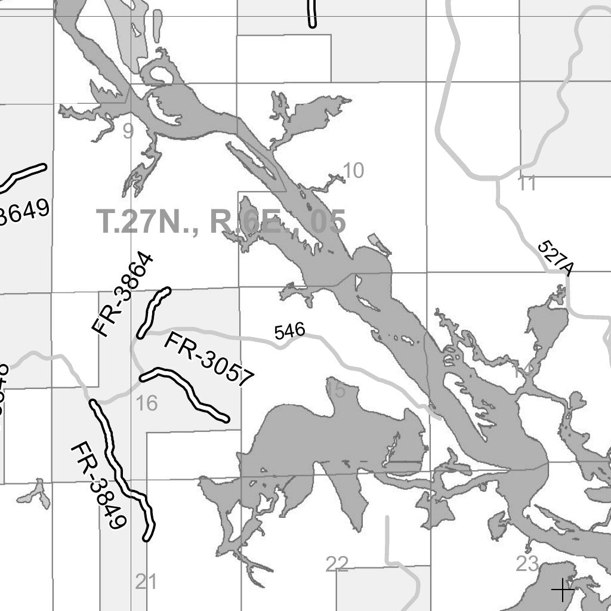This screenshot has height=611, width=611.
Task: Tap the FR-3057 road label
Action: coord(209,359)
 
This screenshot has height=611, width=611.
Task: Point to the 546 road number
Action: coord(290,331)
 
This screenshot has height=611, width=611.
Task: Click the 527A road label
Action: coord(556,258)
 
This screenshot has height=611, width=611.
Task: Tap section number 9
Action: coord(128,131)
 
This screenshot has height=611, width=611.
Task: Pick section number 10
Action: coord(353,171)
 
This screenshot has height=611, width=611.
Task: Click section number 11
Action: coord(527,184)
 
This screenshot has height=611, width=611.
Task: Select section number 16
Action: coord(147,404)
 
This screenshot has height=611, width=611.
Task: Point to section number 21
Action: coord(146,581)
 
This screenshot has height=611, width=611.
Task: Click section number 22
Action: coord(337,564)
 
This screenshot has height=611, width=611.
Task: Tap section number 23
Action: coord(527,564)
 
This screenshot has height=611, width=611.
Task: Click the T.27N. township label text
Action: coord(149,221)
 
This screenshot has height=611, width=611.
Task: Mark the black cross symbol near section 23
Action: coord(562,590)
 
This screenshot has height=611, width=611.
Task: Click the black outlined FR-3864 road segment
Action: coord(153,312)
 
